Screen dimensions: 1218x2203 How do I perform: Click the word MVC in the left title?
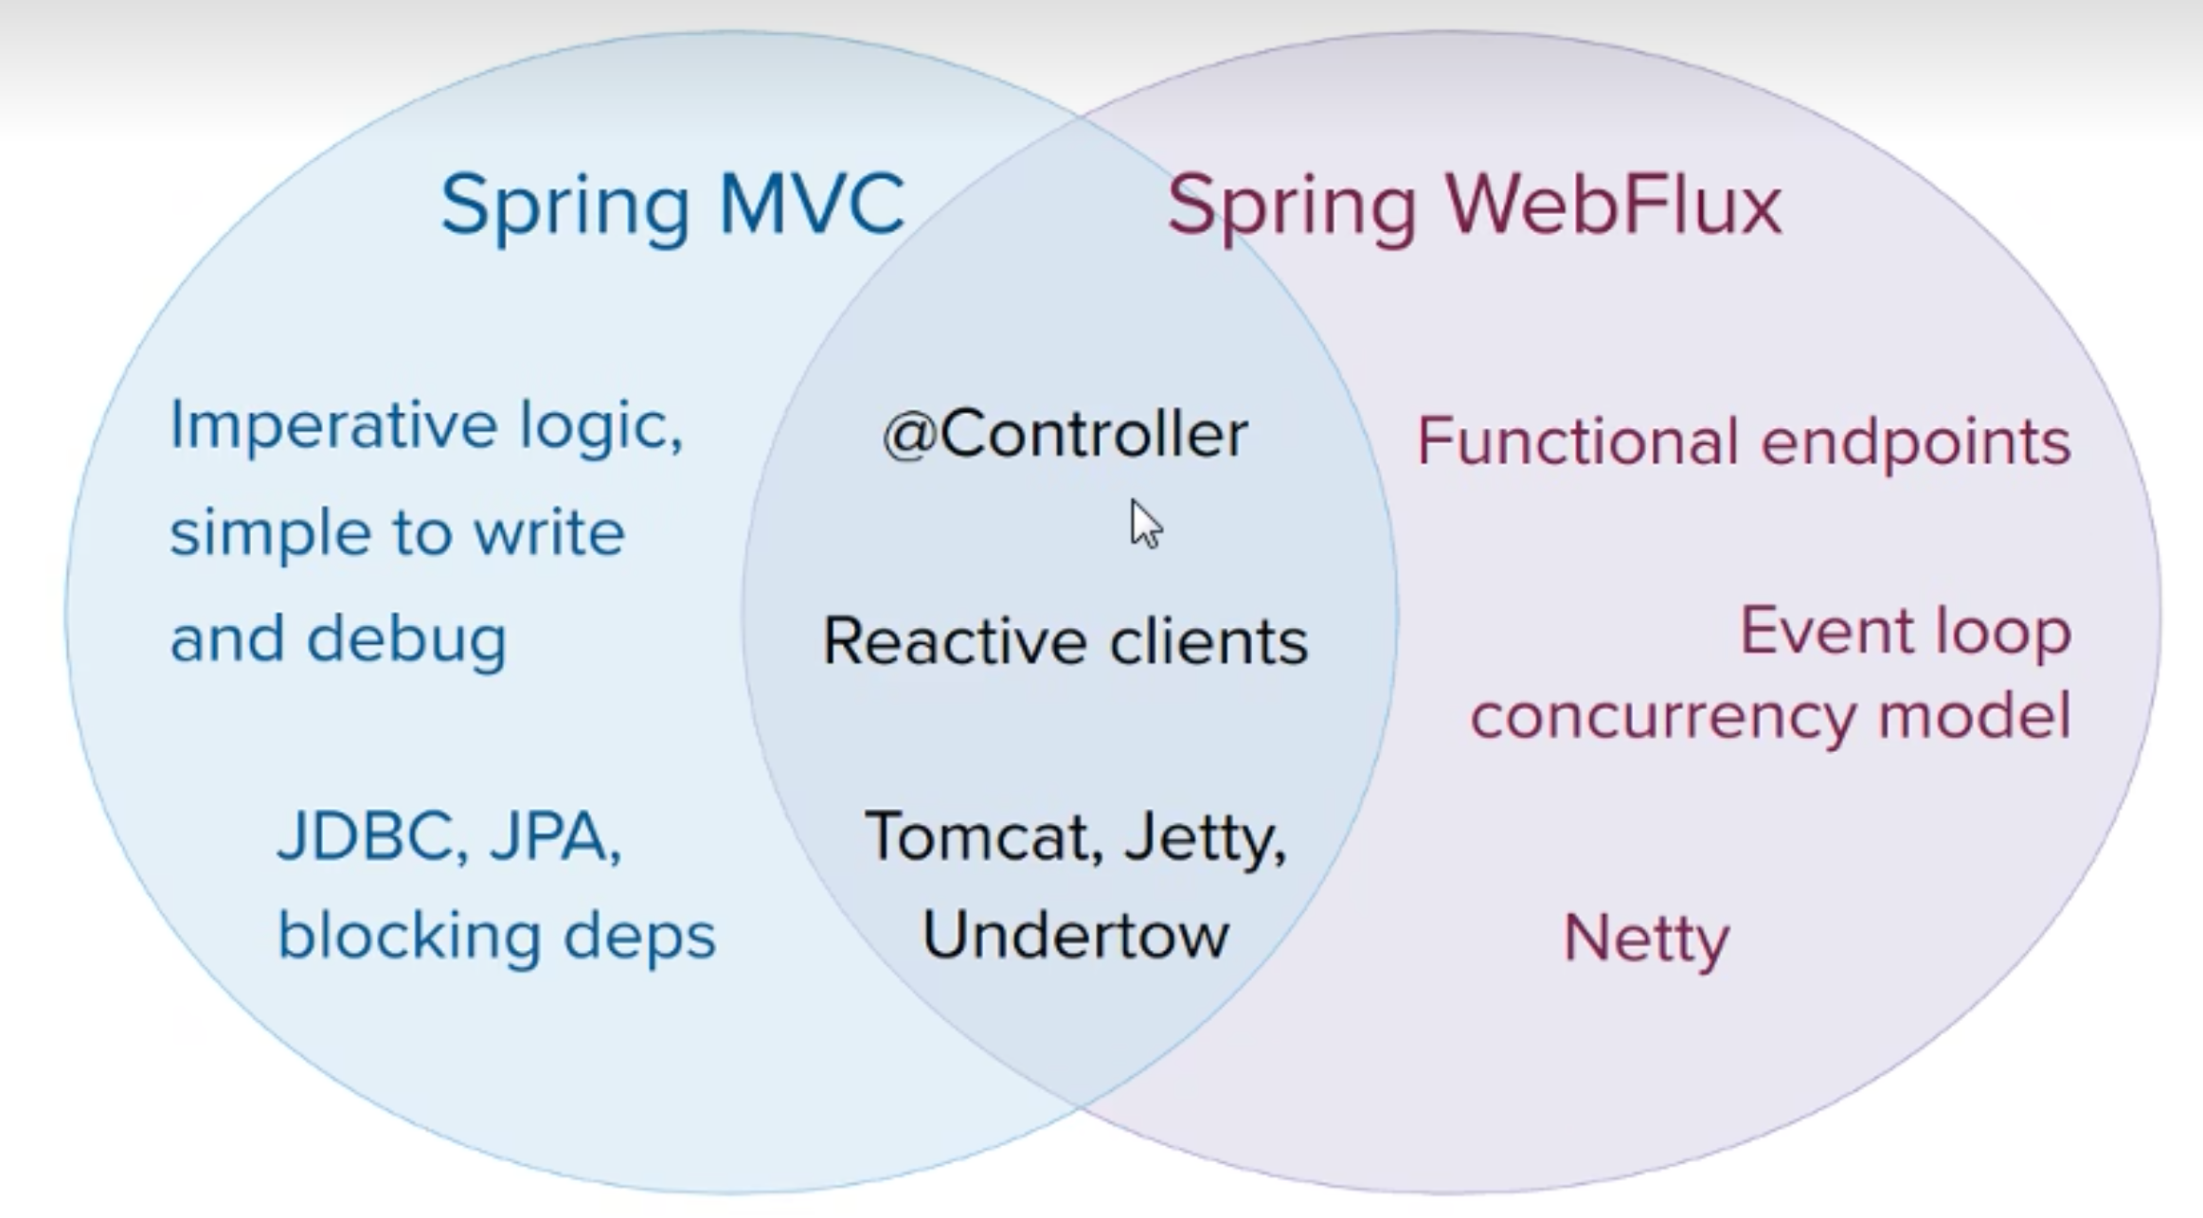click(x=812, y=204)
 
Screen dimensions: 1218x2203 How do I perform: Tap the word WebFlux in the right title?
click(x=1613, y=206)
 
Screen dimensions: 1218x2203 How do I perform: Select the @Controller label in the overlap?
click(x=1065, y=436)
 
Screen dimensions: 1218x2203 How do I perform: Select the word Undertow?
click(x=1075, y=936)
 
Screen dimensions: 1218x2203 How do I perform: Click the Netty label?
click(x=1646, y=940)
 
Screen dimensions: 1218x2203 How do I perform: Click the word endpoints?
click(x=1915, y=443)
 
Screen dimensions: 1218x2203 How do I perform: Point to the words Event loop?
click(x=1905, y=631)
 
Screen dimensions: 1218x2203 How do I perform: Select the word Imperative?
click(x=333, y=426)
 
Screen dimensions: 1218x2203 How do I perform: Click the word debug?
click(x=407, y=640)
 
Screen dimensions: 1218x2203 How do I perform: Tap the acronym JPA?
click(x=554, y=837)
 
